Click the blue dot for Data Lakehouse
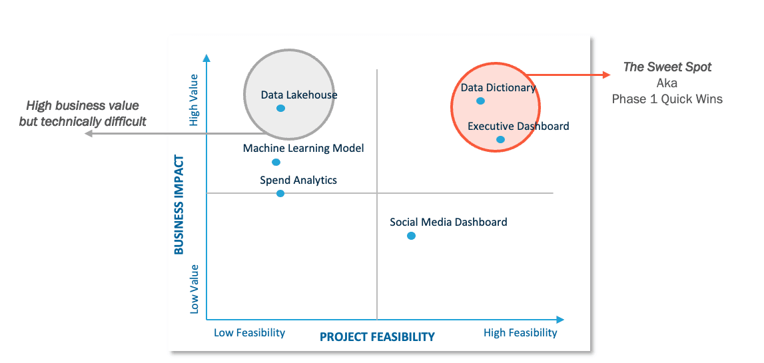(280, 108)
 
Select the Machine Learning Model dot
(276, 162)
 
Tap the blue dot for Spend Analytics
(280, 193)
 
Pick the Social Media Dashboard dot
(411, 236)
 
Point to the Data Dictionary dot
(480, 101)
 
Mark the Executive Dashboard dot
(500, 139)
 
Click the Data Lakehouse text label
(299, 95)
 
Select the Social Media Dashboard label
(448, 222)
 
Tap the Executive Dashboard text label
(518, 126)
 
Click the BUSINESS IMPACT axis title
(179, 204)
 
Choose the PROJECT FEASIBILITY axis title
(377, 336)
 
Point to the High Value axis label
(194, 100)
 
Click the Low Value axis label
(194, 288)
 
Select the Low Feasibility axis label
(249, 332)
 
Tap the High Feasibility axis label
(520, 332)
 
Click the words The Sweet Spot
(667, 67)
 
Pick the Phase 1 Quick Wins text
(667, 99)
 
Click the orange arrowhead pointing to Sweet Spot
(606, 75)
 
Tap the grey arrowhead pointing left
(89, 135)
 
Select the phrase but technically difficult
(83, 121)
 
